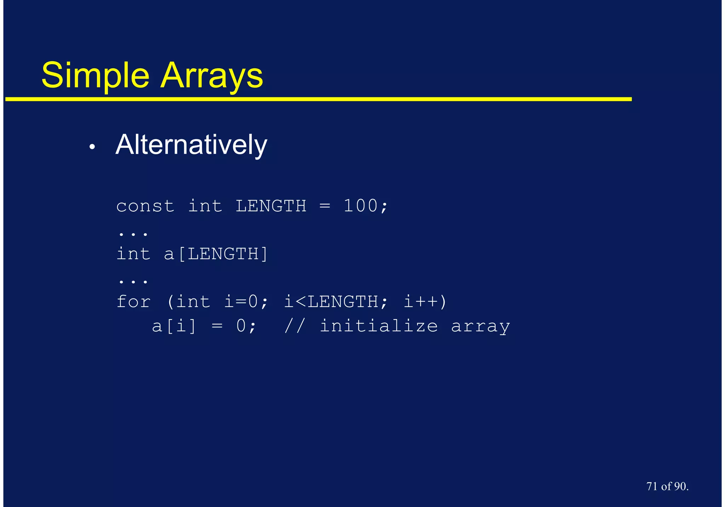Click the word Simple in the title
coord(95,76)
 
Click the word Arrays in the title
coord(212,76)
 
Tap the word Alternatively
coord(191,145)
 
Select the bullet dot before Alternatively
coord(92,147)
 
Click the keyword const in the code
coord(145,206)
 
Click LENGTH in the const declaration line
coord(271,206)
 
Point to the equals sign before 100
coord(325,206)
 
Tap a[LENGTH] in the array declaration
coord(216,254)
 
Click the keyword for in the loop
coord(133,302)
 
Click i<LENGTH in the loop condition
coord(331,302)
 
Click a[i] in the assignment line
coord(174,326)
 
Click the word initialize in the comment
coord(379,326)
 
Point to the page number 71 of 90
coord(667,486)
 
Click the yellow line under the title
coord(319,99)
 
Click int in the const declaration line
coord(205,206)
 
